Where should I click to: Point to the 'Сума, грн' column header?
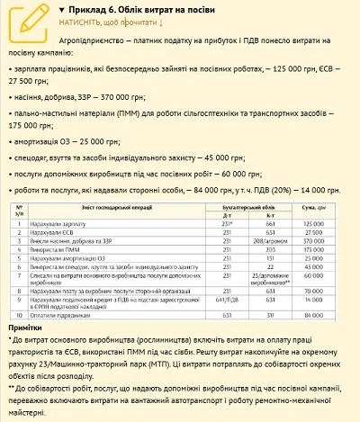[x=313, y=210]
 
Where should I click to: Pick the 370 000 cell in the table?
[x=312, y=242]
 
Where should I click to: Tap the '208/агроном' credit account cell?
[x=269, y=242]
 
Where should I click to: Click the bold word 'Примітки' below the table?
[x=24, y=328]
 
